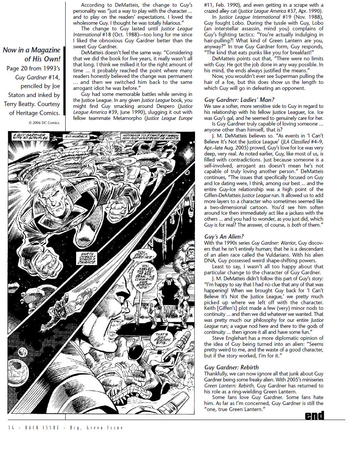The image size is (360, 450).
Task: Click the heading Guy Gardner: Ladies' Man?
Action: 239,100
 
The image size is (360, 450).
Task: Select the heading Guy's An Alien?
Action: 224,237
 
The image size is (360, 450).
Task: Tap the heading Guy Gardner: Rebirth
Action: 231,367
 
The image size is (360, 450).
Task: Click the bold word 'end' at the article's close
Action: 314,415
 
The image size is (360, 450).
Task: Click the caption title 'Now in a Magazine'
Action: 31,50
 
